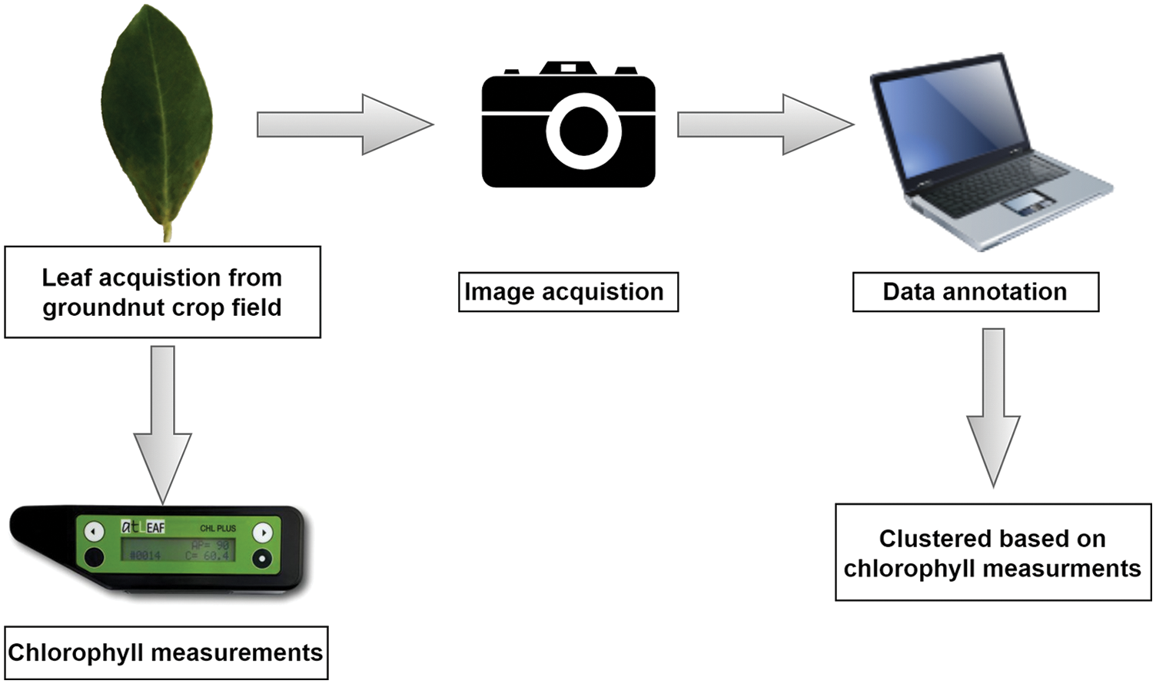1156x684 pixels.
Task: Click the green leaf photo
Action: pos(158,115)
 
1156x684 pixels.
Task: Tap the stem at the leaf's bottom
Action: pos(167,231)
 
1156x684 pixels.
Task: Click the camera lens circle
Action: pos(583,131)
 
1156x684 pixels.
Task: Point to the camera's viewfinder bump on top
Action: pos(568,68)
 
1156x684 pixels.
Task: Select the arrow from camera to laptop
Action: pos(765,124)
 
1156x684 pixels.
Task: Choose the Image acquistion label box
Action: pos(568,292)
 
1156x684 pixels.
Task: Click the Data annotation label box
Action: pos(975,292)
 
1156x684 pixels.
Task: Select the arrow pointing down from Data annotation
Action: pos(993,407)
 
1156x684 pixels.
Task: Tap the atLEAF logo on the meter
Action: pos(143,527)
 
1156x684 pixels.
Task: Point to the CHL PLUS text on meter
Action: pos(218,529)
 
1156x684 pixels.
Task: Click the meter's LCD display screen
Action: pos(178,550)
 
